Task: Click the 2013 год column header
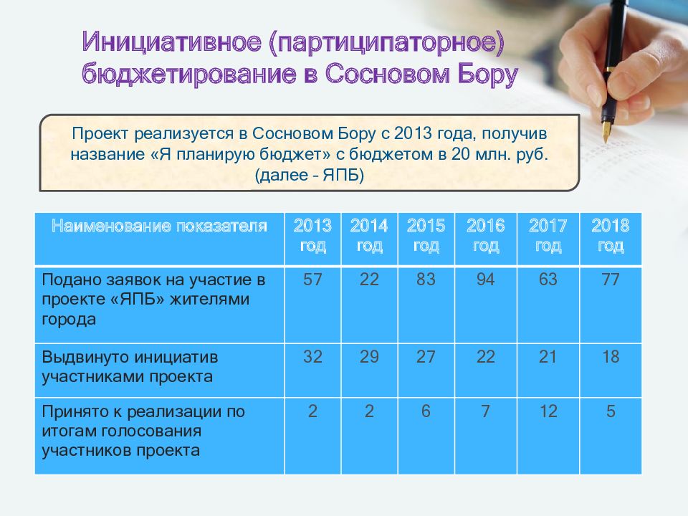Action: tap(312, 236)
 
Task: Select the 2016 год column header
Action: tap(485, 236)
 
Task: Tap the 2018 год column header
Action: tap(610, 236)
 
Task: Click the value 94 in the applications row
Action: tap(485, 280)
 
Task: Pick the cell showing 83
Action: tap(426, 280)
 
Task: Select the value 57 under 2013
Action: tap(312, 280)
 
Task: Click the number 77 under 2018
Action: tap(610, 280)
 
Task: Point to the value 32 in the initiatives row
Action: tap(312, 357)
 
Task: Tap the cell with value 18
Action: tap(610, 357)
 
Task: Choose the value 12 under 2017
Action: tap(548, 412)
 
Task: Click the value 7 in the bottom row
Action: tap(485, 412)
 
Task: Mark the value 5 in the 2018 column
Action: tap(610, 412)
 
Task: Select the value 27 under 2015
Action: tap(426, 357)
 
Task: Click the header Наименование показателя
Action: tap(159, 227)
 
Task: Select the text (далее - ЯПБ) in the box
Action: tap(310, 176)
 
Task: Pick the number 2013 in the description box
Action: tap(414, 134)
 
